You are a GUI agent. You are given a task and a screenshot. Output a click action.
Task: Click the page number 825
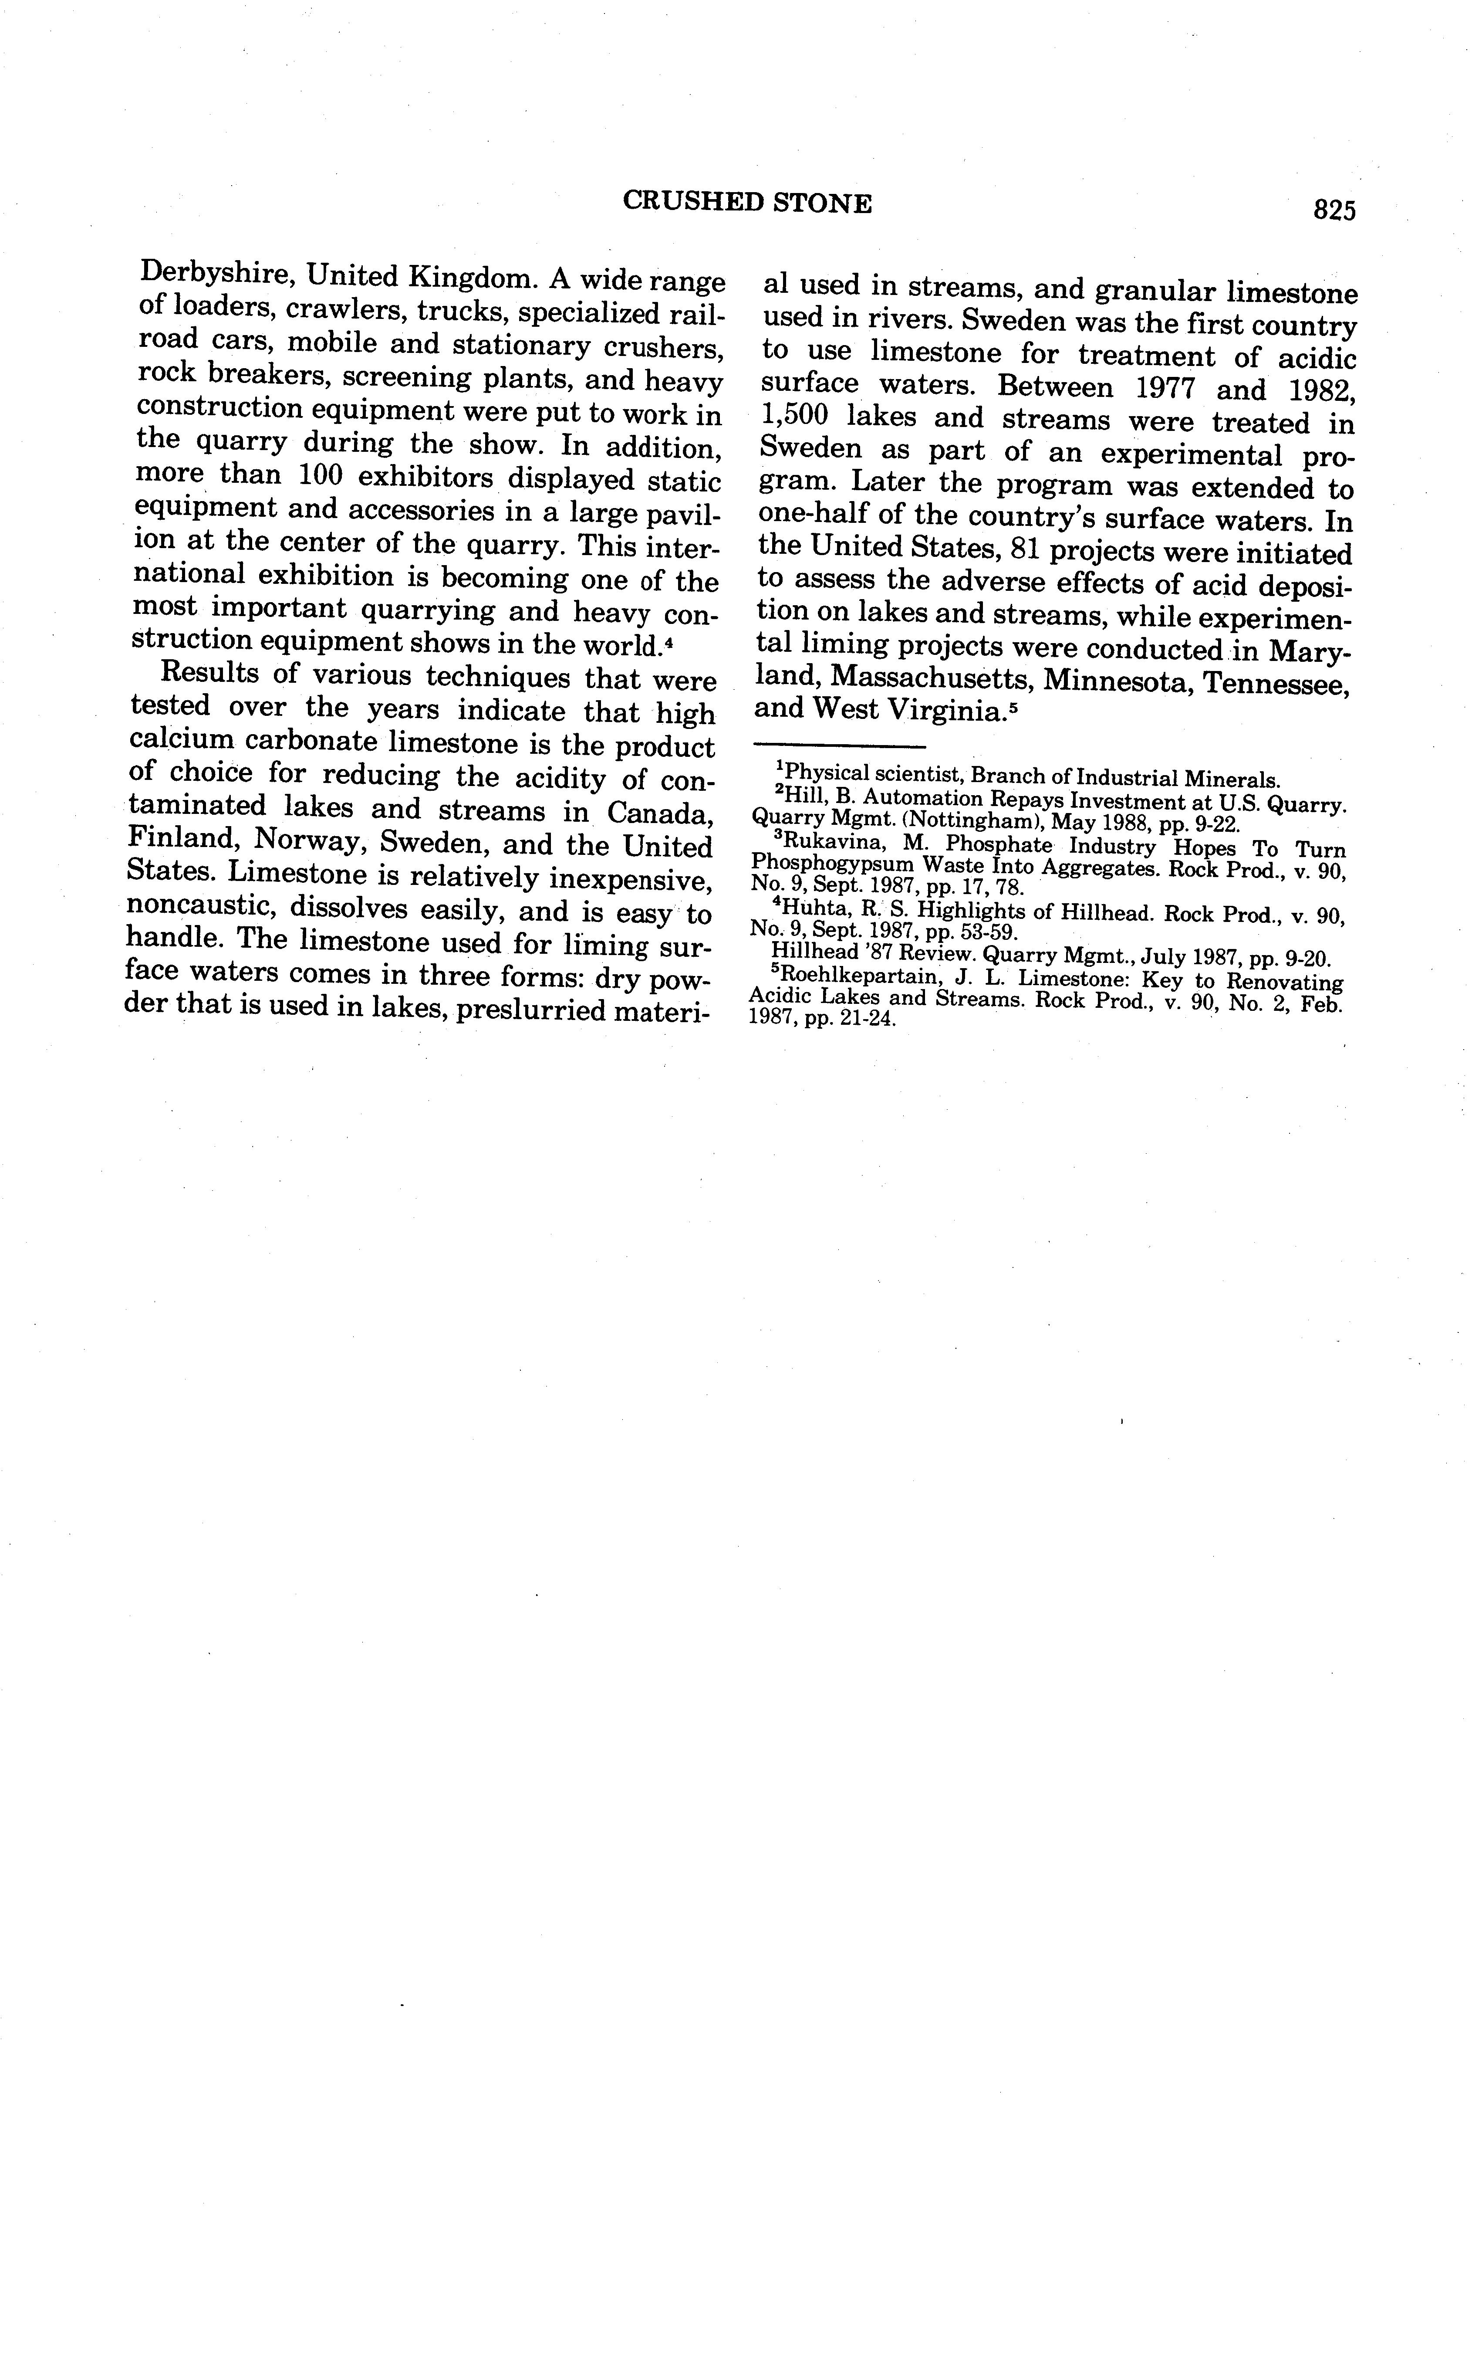(x=1334, y=210)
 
